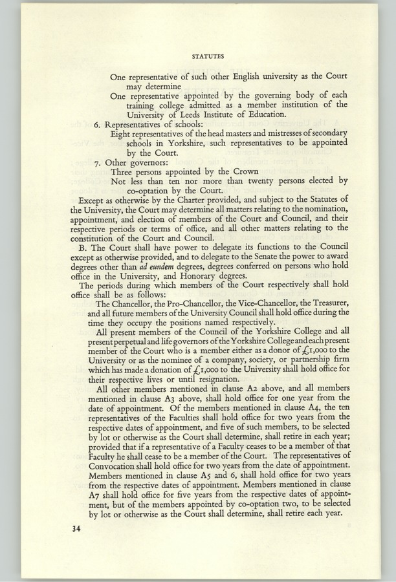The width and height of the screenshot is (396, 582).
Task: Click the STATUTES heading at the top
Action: click(x=207, y=56)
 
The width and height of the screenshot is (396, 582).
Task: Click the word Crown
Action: click(x=247, y=173)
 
